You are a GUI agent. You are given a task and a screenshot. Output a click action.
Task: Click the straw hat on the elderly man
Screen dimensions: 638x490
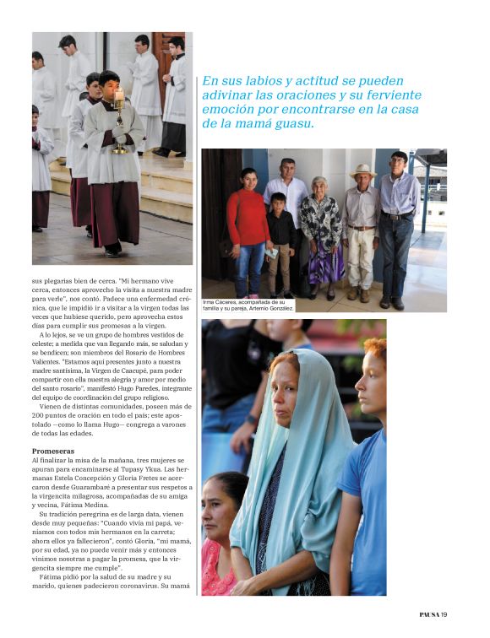point(362,170)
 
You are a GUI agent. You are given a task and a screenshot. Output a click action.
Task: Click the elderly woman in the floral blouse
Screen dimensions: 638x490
point(322,232)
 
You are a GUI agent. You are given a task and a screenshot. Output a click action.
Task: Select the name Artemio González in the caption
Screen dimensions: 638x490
point(269,308)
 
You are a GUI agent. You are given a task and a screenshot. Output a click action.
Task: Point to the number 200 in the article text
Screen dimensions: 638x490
point(40,416)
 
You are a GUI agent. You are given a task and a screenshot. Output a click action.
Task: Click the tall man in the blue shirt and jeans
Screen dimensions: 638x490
point(398,224)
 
